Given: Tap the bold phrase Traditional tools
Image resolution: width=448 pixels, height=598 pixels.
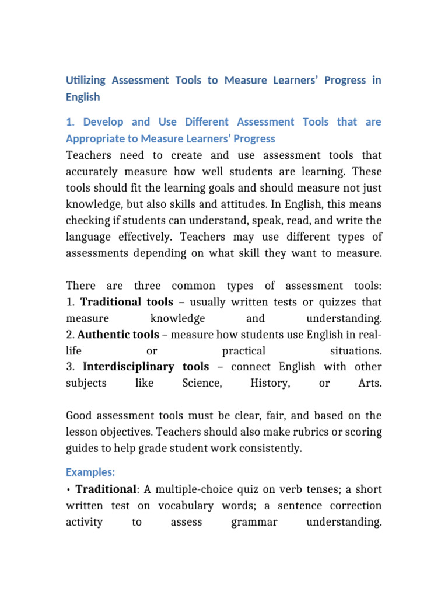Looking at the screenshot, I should click(x=127, y=302).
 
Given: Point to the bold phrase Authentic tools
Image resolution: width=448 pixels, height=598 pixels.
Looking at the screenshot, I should click(x=118, y=335).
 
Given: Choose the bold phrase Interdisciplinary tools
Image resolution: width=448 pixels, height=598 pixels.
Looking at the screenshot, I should click(x=146, y=367).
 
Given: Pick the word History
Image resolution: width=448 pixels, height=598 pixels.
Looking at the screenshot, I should click(x=269, y=383).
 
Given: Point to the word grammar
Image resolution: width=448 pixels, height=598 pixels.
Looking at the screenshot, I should click(x=254, y=522).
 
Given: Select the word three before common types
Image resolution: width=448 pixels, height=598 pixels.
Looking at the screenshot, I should click(x=147, y=286).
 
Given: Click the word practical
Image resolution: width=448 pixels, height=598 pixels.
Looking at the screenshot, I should click(x=244, y=351).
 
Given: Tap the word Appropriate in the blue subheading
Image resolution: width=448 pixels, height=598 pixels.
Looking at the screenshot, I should click(x=95, y=139).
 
